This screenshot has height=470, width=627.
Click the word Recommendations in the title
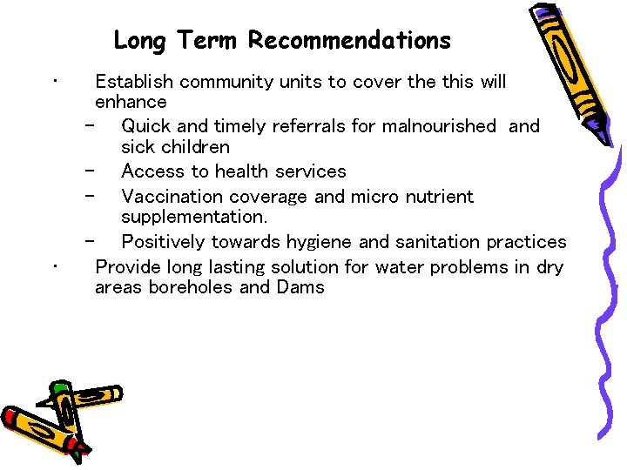[x=349, y=41]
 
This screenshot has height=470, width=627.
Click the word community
[x=226, y=82]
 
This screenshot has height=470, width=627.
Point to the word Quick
[x=148, y=126]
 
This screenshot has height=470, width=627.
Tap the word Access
[x=150, y=171]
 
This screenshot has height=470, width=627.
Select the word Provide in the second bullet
[x=128, y=267]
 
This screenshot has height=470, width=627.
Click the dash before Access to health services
[x=90, y=171]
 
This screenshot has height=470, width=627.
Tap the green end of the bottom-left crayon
[x=61, y=387]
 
